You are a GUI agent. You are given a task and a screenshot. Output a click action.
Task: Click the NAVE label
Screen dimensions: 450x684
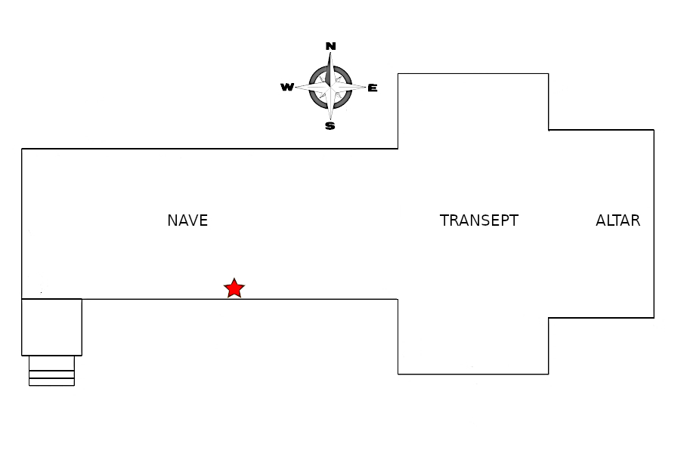point(187,220)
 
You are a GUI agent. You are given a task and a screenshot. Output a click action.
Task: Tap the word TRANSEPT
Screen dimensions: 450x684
point(479,220)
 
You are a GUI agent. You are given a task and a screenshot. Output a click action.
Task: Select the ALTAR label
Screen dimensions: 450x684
point(617,220)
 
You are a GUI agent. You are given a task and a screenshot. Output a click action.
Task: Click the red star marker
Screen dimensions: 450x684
point(234,288)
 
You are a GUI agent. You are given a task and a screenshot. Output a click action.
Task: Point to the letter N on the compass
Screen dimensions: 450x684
point(330,46)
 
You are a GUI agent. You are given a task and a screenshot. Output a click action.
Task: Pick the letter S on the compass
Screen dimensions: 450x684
point(330,126)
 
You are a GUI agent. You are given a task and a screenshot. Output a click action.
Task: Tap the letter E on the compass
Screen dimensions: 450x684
point(372,88)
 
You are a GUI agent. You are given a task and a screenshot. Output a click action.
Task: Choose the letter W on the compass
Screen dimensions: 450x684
point(287,88)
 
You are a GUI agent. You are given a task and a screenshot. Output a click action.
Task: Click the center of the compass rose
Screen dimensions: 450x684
point(330,87)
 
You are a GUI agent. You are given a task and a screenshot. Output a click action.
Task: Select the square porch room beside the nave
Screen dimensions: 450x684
point(51,327)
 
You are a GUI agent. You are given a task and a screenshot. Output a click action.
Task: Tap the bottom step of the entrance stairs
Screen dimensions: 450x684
point(51,382)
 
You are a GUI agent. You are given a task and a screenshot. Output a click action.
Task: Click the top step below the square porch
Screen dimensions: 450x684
point(51,362)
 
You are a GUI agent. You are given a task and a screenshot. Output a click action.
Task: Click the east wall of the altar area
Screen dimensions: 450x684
point(654,223)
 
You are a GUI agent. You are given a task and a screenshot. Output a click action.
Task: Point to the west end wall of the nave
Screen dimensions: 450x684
point(22,223)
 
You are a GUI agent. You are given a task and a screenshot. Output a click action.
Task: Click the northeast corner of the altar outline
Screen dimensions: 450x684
point(654,130)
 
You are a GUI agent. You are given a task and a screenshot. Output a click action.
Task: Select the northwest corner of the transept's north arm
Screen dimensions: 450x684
point(398,73)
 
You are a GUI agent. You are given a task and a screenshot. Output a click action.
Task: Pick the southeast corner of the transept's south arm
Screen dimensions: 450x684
point(548,374)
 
